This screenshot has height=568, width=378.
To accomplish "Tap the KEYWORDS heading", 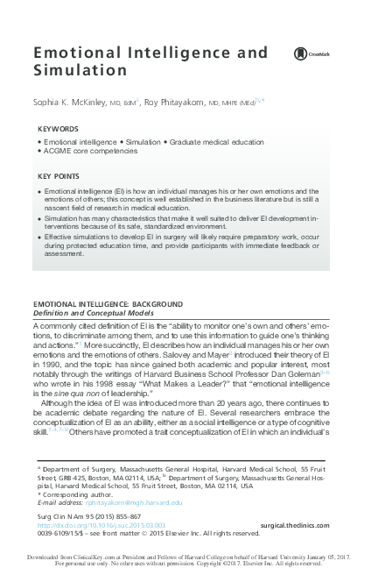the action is click(x=58, y=130).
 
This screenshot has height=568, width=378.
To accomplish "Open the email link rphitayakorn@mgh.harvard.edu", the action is click(x=128, y=503).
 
